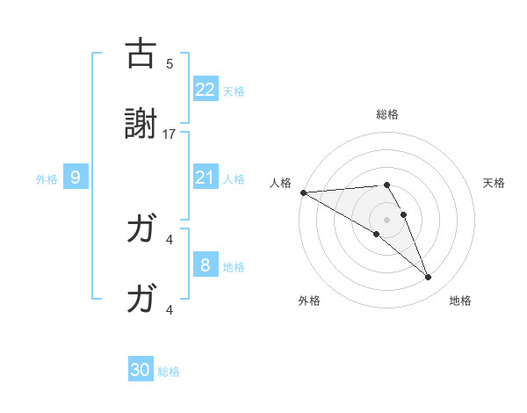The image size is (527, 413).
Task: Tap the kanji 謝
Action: [x=141, y=127]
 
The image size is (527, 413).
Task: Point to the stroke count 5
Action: [x=170, y=63]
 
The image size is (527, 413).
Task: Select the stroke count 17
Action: [x=170, y=134]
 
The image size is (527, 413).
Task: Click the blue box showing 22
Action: [x=206, y=89]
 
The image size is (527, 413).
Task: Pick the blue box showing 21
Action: [x=206, y=178]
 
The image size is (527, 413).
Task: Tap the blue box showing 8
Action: [x=206, y=265]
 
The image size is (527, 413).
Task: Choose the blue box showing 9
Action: [x=76, y=178]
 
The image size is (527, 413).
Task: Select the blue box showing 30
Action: [x=141, y=370]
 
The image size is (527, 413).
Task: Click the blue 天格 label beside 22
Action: [x=234, y=91]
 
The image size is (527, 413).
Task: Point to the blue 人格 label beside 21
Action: [x=234, y=178]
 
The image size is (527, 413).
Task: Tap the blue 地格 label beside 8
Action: [x=234, y=266]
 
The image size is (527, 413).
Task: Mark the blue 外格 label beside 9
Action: [x=47, y=178]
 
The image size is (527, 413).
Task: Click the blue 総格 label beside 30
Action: [x=169, y=371]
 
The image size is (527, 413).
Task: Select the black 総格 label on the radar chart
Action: [x=386, y=114]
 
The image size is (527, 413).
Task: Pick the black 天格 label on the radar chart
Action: [x=495, y=183]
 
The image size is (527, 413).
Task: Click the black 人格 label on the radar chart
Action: [x=279, y=183]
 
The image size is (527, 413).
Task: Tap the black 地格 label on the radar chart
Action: [x=460, y=301]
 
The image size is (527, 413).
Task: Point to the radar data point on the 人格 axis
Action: [x=303, y=192]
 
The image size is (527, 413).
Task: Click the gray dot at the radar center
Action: [x=386, y=219]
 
